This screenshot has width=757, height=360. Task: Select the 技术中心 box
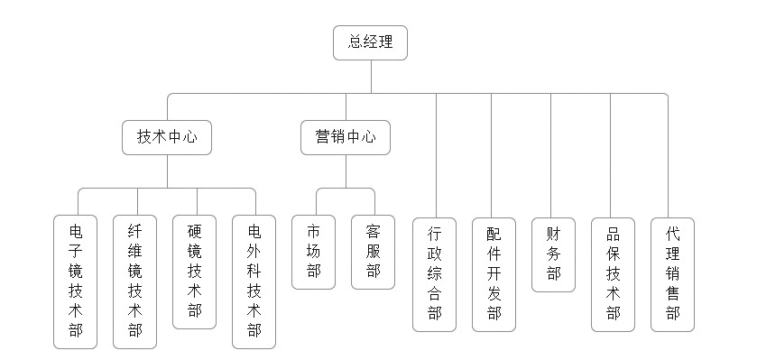coord(167,138)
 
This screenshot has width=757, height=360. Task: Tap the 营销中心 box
coord(346,138)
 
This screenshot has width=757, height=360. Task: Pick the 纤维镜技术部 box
coord(134,281)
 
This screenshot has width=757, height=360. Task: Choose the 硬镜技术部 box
coord(194,271)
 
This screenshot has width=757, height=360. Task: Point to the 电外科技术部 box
coord(254,281)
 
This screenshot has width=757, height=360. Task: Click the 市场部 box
coord(313,251)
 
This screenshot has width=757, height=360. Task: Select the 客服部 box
coord(373,251)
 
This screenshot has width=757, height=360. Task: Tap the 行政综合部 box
coord(435,273)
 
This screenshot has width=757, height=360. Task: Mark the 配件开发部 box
coord(494,273)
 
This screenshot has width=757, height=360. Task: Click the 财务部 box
coord(553,254)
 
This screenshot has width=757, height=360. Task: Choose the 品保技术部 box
coord(614,273)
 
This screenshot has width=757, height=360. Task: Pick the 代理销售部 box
coord(672,273)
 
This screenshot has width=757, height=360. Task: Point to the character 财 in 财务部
coord(553,234)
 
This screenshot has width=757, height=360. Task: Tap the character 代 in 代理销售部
coord(672,232)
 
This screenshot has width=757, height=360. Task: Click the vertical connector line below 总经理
coord(370,77)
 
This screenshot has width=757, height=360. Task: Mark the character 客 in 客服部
coord(373,230)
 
